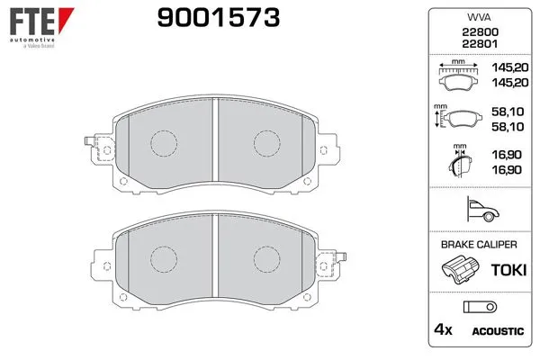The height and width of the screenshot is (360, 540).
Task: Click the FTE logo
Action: coord(41,28)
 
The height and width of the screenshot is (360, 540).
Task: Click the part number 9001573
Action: coord(219,18)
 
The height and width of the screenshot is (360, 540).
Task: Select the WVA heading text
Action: coord(479,17)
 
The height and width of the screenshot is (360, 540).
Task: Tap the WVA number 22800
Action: coord(480,32)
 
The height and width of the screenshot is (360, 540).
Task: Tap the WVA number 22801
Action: coord(480,44)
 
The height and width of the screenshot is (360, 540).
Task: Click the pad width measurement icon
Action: coord(458,75)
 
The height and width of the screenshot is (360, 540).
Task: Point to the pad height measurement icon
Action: coord(457,116)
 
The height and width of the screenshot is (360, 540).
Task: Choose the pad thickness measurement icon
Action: coord(460,160)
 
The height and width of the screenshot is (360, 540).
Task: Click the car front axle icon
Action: coord(482,209)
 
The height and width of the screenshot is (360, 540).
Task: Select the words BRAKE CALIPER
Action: coord(479,245)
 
